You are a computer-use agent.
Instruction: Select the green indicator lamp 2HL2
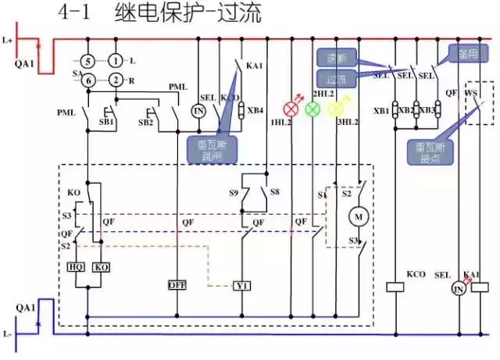pos(312,107)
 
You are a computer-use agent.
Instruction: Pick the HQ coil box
pos(78,266)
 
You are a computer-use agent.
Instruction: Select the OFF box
pos(177,285)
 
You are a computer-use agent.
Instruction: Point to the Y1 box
pos(241,286)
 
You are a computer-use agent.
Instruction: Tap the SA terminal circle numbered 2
pos(116,80)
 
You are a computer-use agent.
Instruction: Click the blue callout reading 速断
pos(337,58)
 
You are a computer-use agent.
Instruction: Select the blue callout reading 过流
pos(337,78)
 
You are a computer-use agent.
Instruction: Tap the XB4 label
pos(255,110)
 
